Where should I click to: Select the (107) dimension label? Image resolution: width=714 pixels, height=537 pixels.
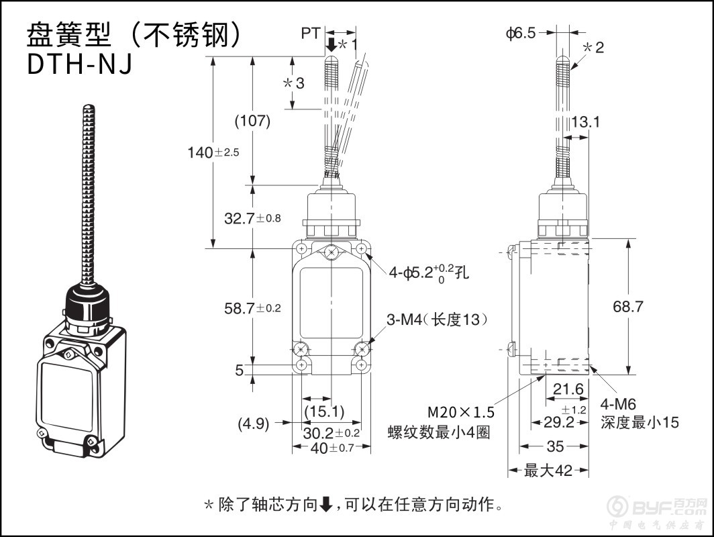pyautogui.click(x=252, y=121)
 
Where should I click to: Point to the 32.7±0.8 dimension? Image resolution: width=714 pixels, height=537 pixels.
pyautogui.click(x=252, y=217)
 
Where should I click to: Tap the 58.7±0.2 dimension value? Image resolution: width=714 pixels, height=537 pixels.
pyautogui.click(x=252, y=308)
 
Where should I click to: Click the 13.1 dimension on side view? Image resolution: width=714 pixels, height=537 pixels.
pyautogui.click(x=586, y=121)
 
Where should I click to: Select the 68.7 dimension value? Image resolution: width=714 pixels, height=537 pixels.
pyautogui.click(x=628, y=307)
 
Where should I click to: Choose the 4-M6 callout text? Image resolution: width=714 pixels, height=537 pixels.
pyautogui.click(x=618, y=404)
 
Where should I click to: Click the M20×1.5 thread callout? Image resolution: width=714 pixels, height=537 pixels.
pyautogui.click(x=462, y=411)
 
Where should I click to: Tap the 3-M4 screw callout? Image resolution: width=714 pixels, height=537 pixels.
pyautogui.click(x=436, y=320)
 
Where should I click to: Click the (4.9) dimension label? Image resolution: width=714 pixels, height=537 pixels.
pyautogui.click(x=254, y=424)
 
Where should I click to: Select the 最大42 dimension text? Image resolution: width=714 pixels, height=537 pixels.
pyautogui.click(x=548, y=471)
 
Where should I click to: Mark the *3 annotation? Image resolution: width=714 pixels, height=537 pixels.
pyautogui.click(x=293, y=83)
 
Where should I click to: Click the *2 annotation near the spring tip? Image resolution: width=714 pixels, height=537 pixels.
pyautogui.click(x=593, y=47)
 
